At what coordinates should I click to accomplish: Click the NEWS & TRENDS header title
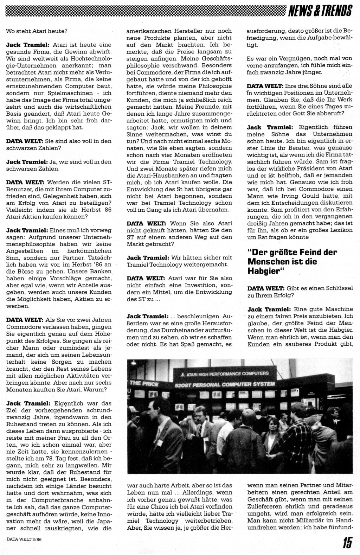[320, 11]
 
